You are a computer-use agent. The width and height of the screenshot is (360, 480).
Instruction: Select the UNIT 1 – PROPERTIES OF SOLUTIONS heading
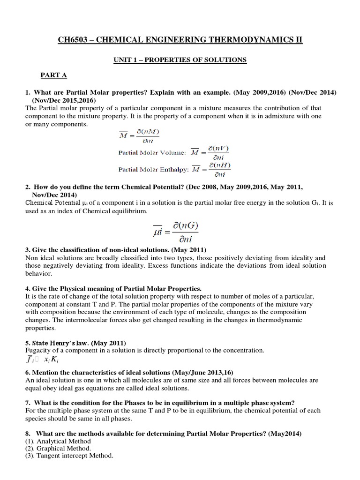(x=180, y=60)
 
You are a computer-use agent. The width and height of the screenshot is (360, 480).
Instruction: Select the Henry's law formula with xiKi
(x=43, y=359)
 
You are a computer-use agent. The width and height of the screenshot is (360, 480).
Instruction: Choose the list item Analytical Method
(x=58, y=441)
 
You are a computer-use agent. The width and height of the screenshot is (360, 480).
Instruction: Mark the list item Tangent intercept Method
(x=68, y=455)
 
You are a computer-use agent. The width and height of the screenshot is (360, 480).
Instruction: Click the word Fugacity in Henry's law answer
(x=39, y=350)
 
